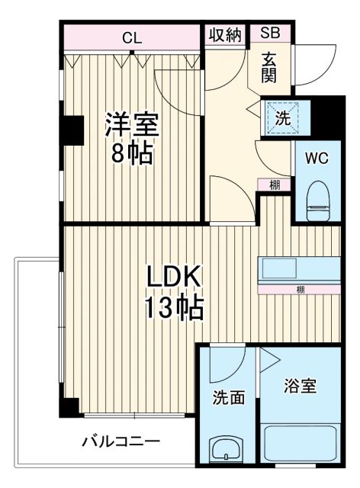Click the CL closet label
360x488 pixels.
click(x=131, y=36)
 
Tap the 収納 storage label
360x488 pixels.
click(x=225, y=35)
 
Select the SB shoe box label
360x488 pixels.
click(x=269, y=33)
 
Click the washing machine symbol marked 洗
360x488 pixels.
click(x=282, y=119)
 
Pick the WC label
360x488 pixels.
click(x=316, y=159)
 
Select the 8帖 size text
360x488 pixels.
click(x=131, y=153)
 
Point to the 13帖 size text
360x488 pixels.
click(x=174, y=309)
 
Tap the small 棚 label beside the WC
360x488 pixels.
click(x=273, y=185)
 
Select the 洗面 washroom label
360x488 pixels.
click(x=228, y=397)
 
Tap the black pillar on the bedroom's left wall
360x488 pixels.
click(x=72, y=129)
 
